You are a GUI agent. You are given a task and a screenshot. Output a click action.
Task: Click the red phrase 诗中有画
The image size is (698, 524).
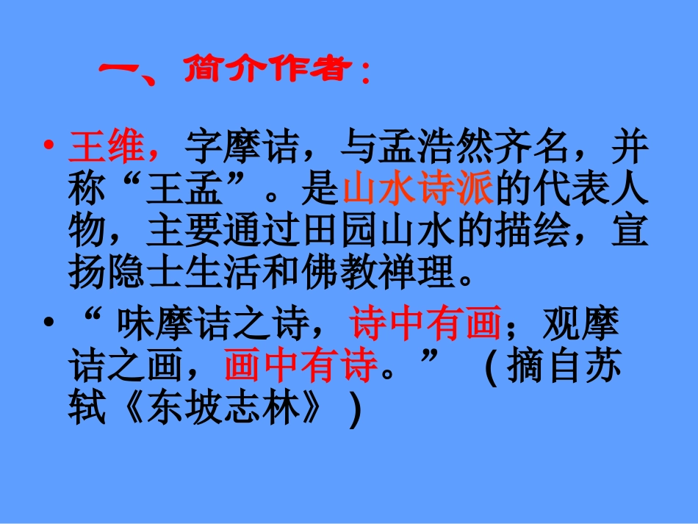[x=425, y=324]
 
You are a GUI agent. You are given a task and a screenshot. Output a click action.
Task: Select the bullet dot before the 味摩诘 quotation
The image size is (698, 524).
[x=49, y=324]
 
